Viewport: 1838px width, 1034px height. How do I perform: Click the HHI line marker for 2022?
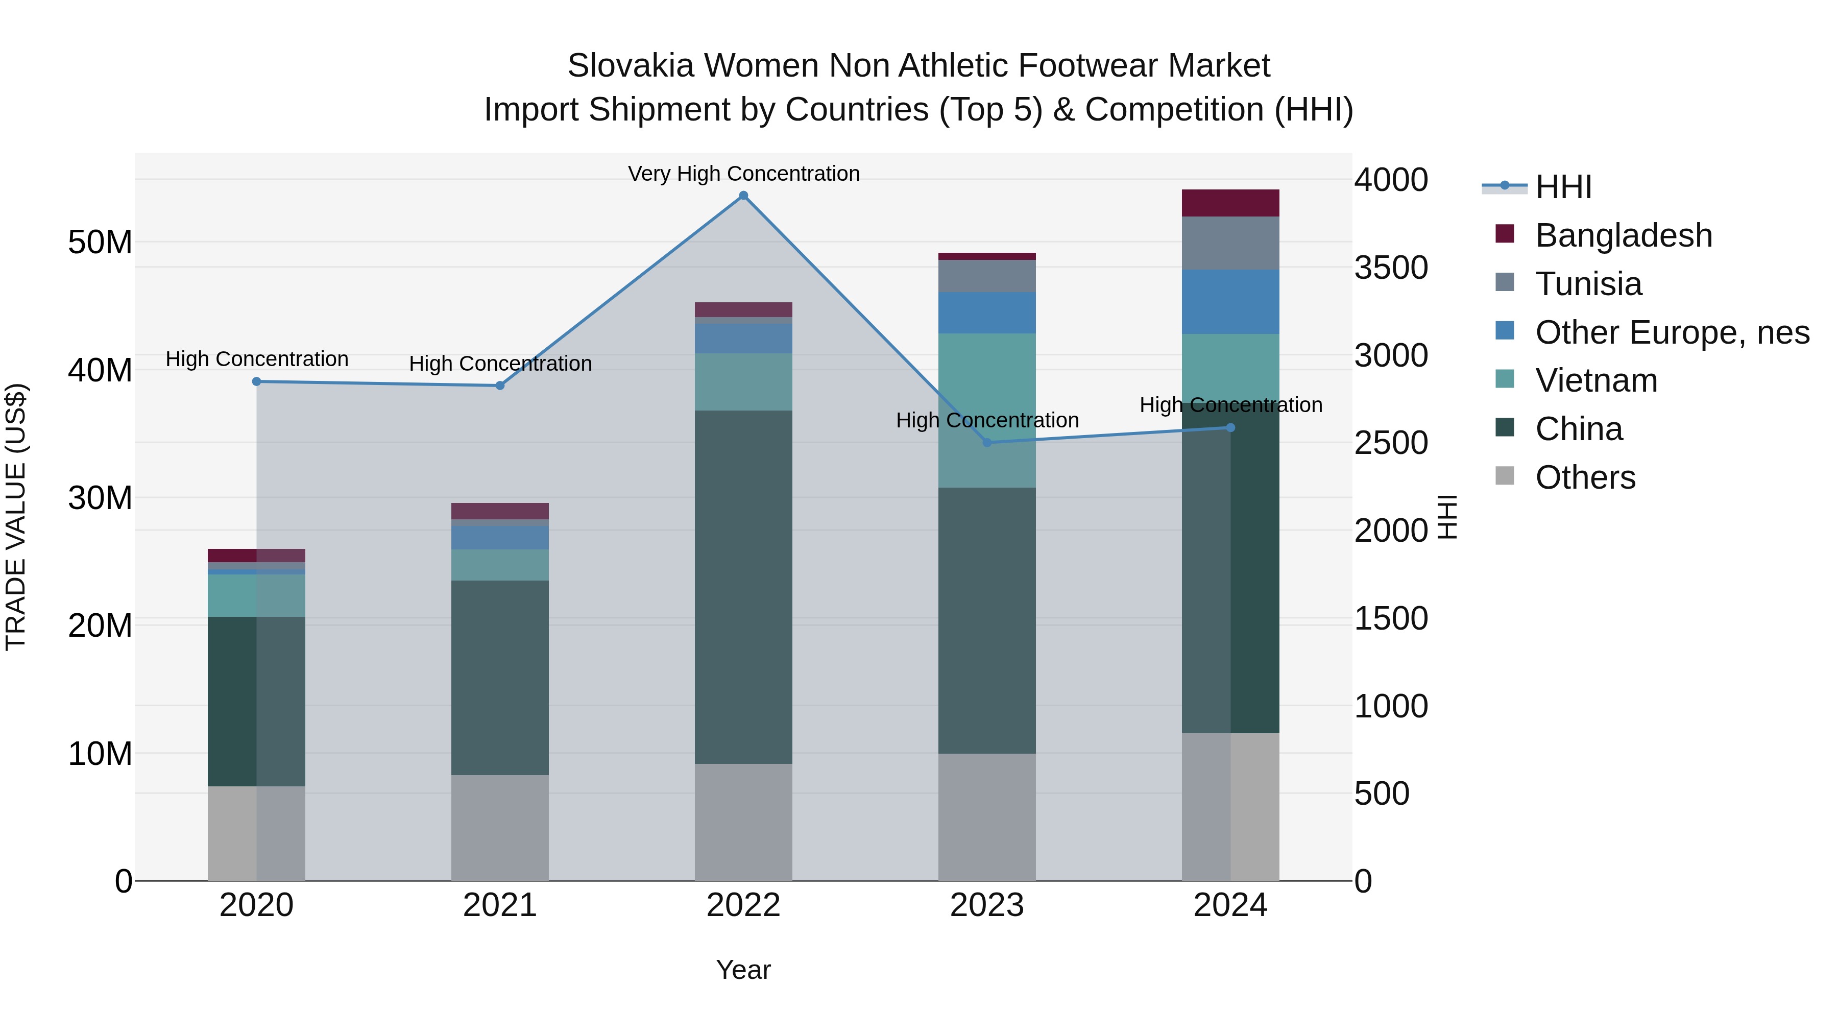coord(743,196)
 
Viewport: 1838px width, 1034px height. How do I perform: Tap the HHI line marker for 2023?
coord(987,442)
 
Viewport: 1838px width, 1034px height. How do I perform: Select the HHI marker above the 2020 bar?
coord(257,382)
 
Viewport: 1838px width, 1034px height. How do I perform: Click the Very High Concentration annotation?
coord(743,174)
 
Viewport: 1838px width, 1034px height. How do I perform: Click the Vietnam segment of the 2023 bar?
coord(987,411)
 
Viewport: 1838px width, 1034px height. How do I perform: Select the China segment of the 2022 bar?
coord(743,587)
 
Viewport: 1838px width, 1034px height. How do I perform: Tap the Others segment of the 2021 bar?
coord(499,828)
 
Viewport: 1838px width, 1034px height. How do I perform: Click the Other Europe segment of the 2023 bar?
coord(987,312)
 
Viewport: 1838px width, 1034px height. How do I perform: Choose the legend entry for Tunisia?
coord(1588,284)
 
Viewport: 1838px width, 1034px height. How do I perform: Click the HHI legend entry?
coord(1563,187)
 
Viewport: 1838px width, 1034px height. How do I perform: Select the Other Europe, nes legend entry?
coord(1671,332)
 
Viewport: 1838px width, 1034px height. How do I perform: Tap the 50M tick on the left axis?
coord(100,243)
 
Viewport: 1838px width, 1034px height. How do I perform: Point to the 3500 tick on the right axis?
coord(1391,268)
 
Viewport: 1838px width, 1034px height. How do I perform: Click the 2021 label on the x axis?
coord(499,905)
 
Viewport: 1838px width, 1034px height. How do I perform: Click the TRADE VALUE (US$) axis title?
coord(16,517)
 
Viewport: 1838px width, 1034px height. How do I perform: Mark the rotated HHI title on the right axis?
coord(1447,517)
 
